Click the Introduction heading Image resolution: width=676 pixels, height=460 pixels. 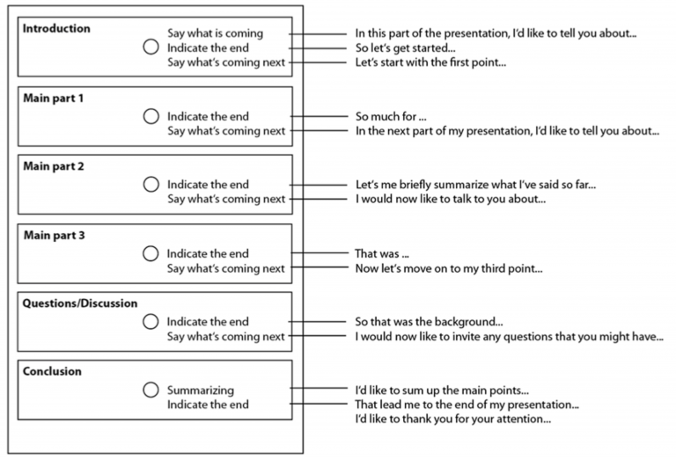(x=56, y=28)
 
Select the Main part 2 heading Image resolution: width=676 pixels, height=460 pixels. (x=54, y=166)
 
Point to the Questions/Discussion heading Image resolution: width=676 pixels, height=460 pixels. (x=80, y=303)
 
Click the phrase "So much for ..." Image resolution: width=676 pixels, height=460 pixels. (x=391, y=116)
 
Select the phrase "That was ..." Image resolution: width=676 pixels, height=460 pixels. (x=381, y=253)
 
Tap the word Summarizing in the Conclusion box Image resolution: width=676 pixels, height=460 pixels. (x=201, y=391)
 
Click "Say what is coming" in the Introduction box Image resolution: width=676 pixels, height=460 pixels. (x=215, y=33)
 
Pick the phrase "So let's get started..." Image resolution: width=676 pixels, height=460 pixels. (x=405, y=47)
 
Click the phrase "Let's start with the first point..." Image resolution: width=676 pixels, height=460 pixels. (x=430, y=62)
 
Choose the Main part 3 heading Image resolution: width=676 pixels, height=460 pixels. (x=54, y=235)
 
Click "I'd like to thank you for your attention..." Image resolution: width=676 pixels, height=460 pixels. (x=453, y=419)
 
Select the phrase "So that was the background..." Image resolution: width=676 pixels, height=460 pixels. (x=429, y=322)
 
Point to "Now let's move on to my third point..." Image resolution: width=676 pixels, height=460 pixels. (x=449, y=269)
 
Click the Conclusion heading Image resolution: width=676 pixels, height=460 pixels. (x=52, y=371)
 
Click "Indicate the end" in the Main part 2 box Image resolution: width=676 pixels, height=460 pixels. (x=208, y=185)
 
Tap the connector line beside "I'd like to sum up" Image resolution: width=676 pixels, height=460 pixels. (x=318, y=389)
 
